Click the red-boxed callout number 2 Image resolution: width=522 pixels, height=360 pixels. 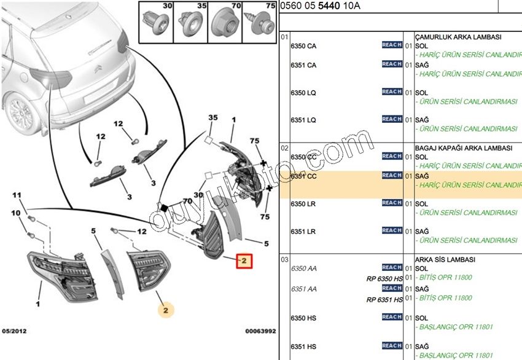tap(244, 261)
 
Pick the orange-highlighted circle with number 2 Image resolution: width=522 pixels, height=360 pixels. tap(166, 310)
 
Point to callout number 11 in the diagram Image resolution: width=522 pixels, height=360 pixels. tap(17, 195)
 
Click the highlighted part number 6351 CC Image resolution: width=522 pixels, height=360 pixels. tap(303, 176)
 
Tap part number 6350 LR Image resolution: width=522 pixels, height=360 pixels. tap(303, 204)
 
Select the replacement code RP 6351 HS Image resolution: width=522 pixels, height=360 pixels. tap(384, 300)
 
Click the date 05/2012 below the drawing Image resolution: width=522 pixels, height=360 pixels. tap(14, 331)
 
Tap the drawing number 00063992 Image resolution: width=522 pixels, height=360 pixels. tap(261, 331)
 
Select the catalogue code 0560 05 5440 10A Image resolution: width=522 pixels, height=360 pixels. tap(320, 7)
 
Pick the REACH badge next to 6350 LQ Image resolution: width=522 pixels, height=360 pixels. tap(392, 92)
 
